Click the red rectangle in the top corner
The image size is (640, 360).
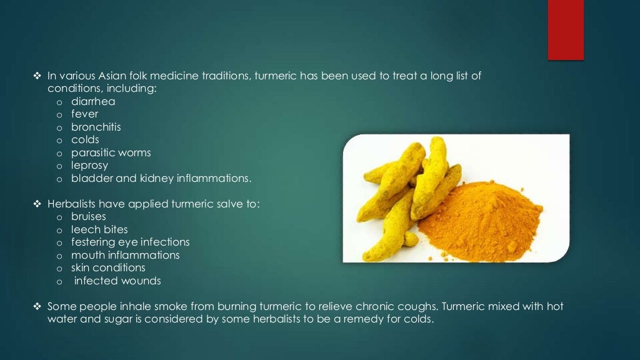coord(566,29)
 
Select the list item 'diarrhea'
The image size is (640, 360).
coord(93,101)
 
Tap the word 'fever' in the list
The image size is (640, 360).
coord(84,114)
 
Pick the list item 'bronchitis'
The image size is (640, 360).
coord(96,127)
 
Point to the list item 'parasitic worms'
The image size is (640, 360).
coord(111,152)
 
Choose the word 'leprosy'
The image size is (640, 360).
coord(89,166)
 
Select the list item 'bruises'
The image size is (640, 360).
coord(89,217)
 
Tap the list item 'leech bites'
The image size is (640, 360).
coord(99,229)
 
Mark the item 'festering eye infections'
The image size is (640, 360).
coord(130,242)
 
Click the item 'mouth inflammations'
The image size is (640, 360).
coord(125,255)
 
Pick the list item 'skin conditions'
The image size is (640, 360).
coord(108,267)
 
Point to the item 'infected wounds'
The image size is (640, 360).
coord(117,281)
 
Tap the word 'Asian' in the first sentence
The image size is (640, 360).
coord(119,76)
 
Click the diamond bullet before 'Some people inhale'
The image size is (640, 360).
coord(36,306)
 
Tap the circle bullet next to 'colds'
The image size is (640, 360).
coord(59,140)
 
